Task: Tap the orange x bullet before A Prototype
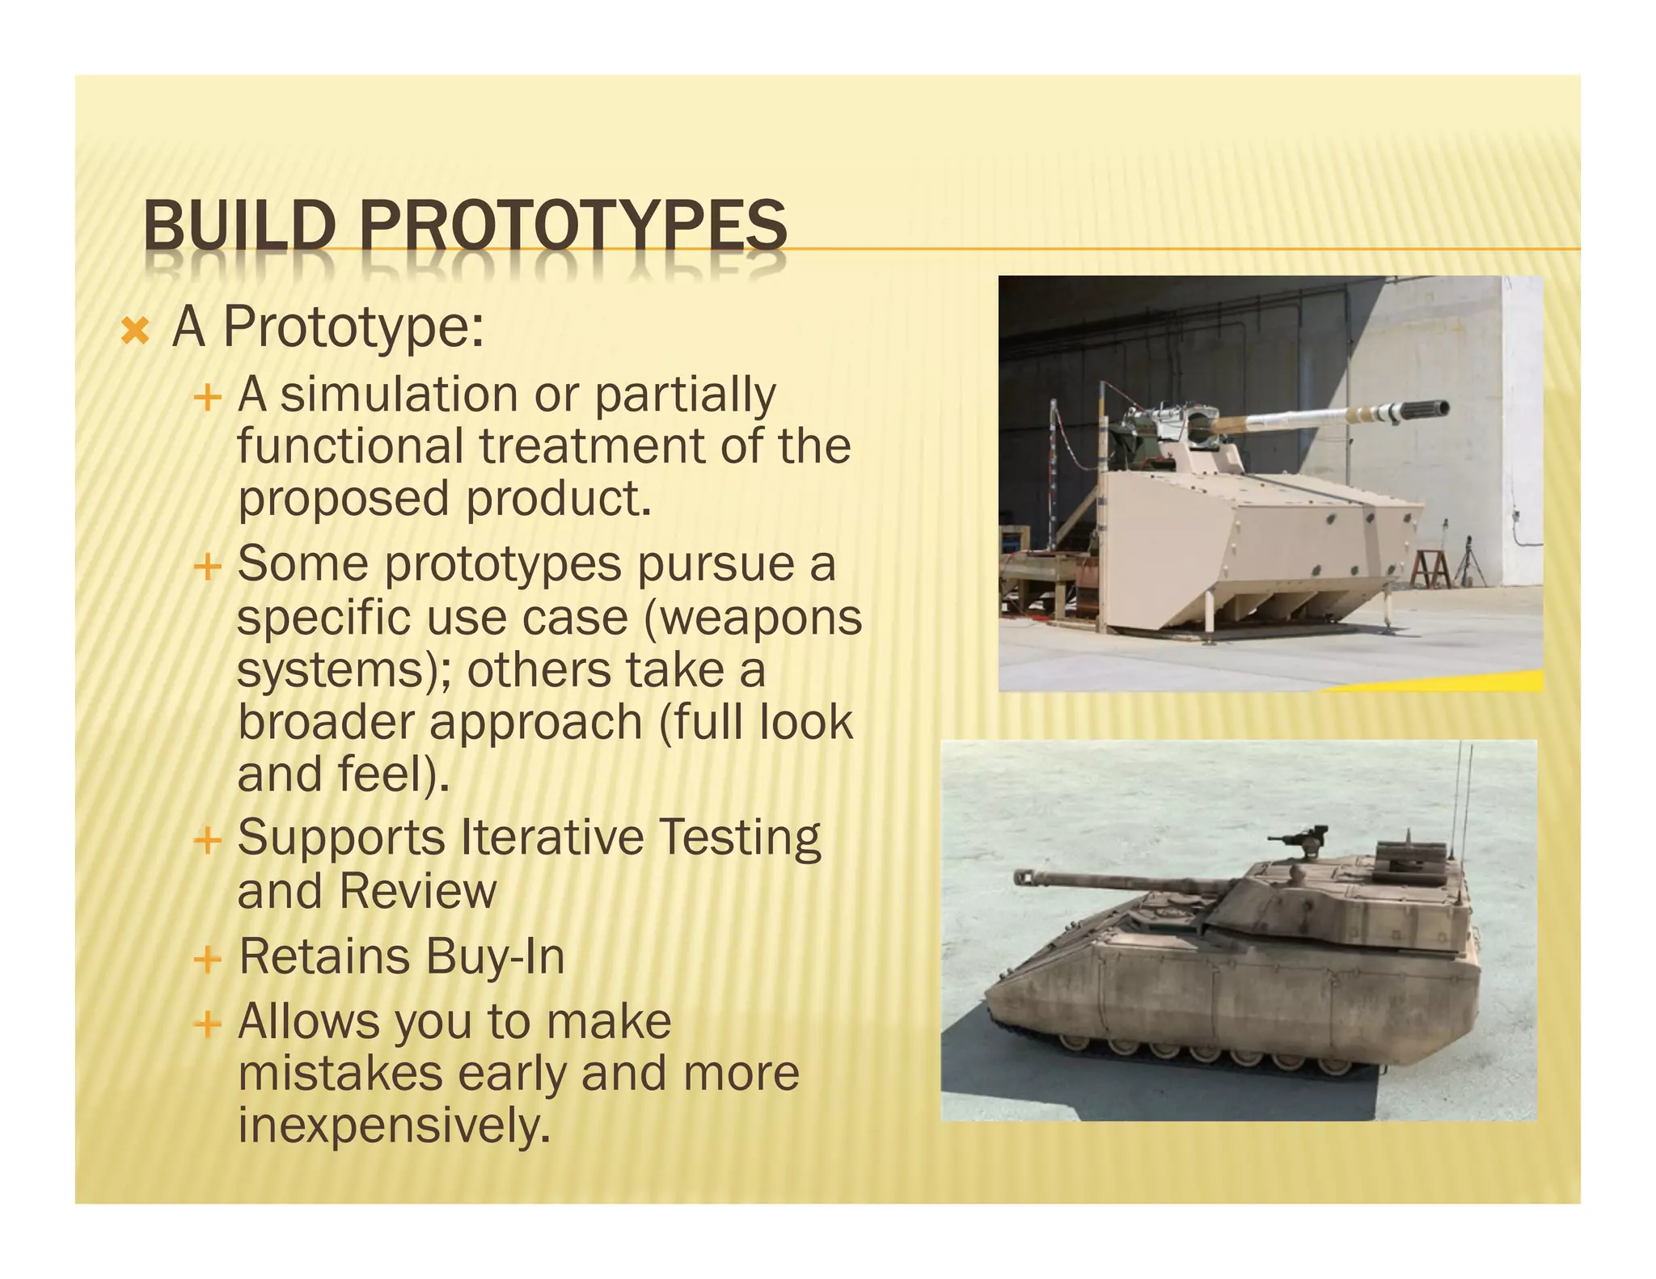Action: pos(135,331)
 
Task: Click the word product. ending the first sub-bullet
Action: pos(559,499)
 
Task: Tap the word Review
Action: pos(418,892)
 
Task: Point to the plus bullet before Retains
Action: pos(208,960)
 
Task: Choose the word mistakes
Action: pos(340,1074)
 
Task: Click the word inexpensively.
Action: pos(393,1125)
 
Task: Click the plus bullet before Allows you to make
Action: pos(208,1025)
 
